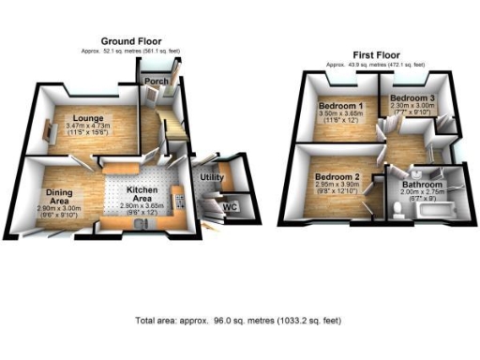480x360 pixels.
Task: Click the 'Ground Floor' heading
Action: coord(132,41)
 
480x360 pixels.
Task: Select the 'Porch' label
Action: coord(156,82)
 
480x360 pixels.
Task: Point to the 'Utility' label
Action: coord(211,176)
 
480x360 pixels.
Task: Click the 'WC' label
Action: coord(228,206)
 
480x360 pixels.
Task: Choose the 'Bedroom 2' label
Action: coord(337,177)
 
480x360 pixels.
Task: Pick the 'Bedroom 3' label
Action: coord(412,97)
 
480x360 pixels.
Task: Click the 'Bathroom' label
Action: coord(423,185)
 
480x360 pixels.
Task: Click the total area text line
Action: coord(239,321)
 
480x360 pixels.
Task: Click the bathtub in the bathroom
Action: coord(436,215)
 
